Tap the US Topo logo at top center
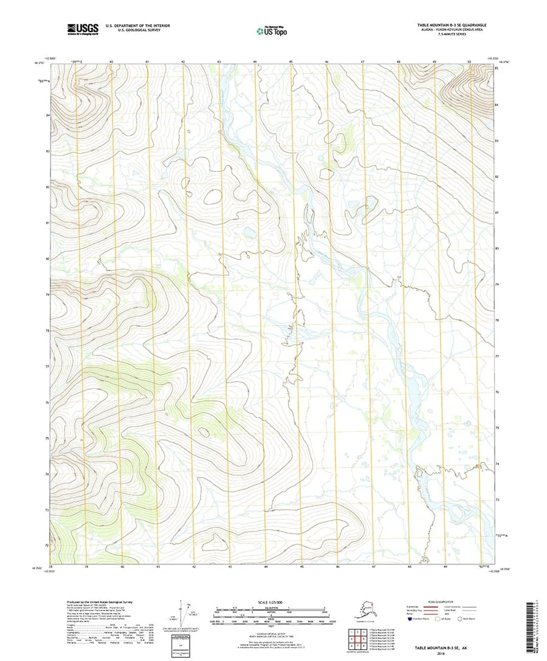(272, 29)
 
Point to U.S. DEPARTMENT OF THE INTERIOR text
(138, 26)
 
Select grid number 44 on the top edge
(255, 62)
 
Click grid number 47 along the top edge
(363, 62)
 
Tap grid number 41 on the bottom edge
(158, 566)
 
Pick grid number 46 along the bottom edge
(337, 566)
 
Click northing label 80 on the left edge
(47, 258)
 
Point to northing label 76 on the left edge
(47, 402)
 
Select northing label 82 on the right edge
(497, 176)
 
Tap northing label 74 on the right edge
(497, 464)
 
